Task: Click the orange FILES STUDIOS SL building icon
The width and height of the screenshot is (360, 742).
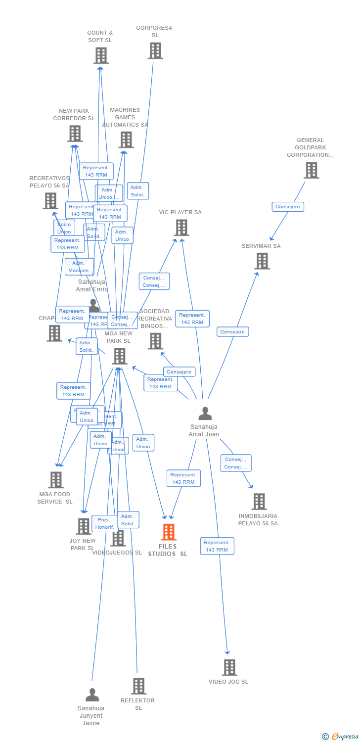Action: [169, 532]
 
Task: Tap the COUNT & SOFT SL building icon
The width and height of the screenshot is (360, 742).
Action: [101, 55]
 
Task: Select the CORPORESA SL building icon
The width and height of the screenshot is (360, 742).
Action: [155, 50]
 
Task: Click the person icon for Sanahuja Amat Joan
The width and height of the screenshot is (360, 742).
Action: [205, 413]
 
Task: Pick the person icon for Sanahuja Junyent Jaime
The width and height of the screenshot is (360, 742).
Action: [92, 695]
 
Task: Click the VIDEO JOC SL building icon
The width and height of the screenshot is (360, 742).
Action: [229, 667]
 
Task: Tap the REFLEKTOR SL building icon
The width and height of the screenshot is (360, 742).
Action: [138, 686]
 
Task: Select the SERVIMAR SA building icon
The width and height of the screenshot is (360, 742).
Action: [262, 261]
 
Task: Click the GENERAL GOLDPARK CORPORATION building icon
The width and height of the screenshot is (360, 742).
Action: [311, 170]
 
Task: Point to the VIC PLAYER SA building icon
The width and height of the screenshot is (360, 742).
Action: [181, 228]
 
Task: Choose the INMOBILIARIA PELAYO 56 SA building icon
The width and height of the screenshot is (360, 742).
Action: [259, 502]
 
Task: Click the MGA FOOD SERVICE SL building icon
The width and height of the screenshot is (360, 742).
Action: [55, 480]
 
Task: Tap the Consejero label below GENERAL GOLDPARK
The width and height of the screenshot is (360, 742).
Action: [288, 207]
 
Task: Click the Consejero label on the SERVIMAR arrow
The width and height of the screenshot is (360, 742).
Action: [232, 332]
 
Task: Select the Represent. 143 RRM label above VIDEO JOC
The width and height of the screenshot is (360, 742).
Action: [217, 546]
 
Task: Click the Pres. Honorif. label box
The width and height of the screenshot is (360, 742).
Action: [104, 523]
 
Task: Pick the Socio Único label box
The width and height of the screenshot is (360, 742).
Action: [64, 228]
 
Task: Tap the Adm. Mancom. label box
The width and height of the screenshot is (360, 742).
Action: [79, 267]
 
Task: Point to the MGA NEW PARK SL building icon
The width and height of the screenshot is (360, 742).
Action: [119, 356]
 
